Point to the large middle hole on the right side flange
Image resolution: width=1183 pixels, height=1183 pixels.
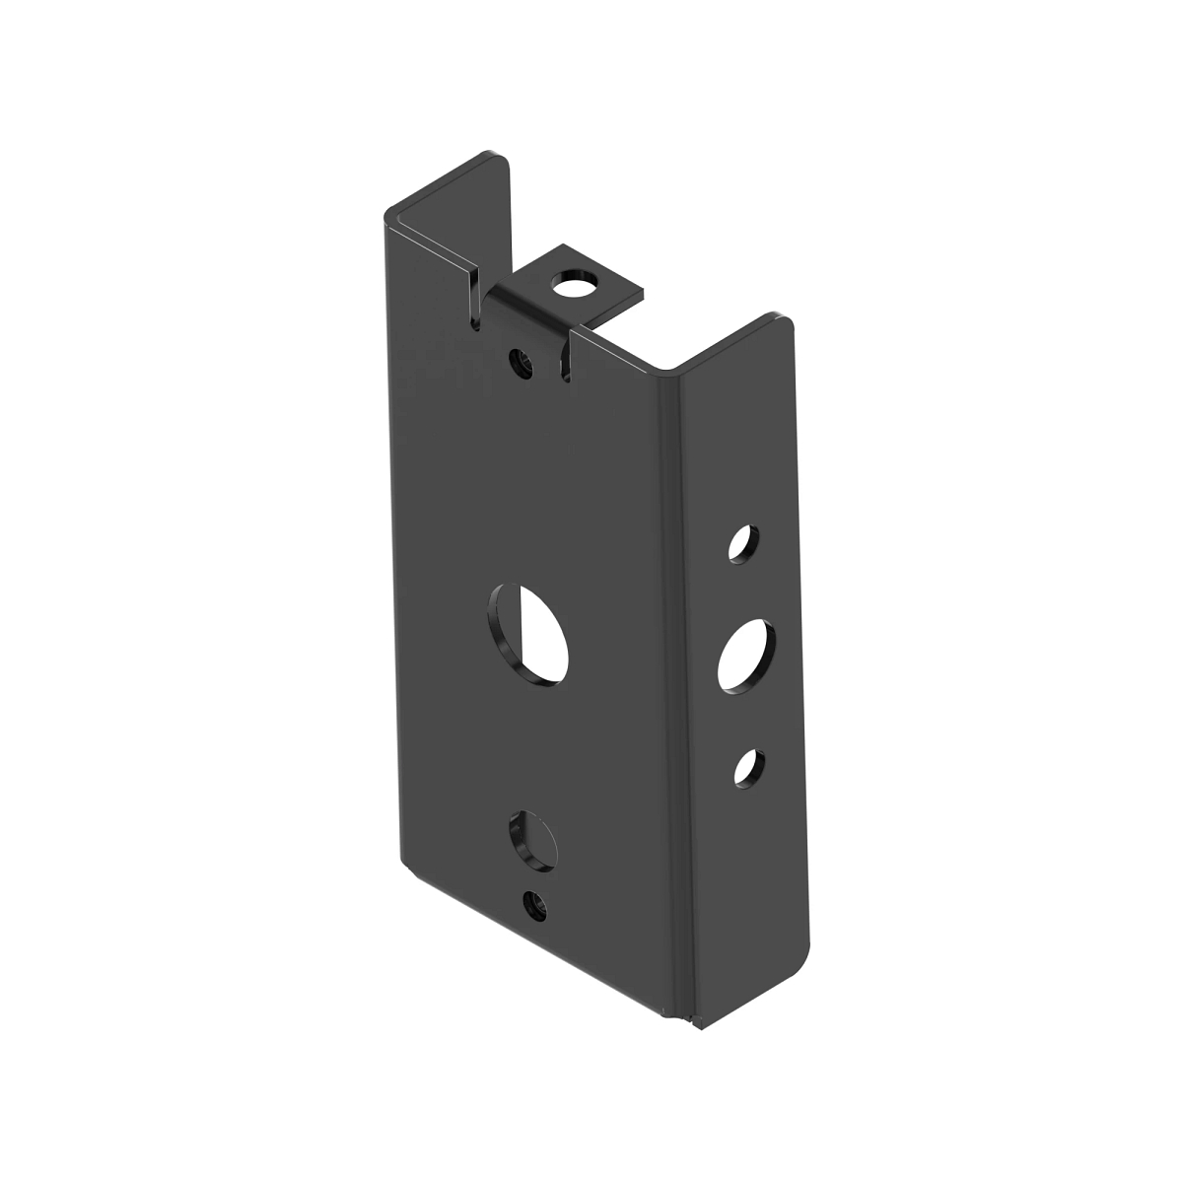coord(746,654)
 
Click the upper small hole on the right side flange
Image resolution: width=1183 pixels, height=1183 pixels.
coord(743,543)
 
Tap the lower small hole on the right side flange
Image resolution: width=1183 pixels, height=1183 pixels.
coord(748,767)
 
